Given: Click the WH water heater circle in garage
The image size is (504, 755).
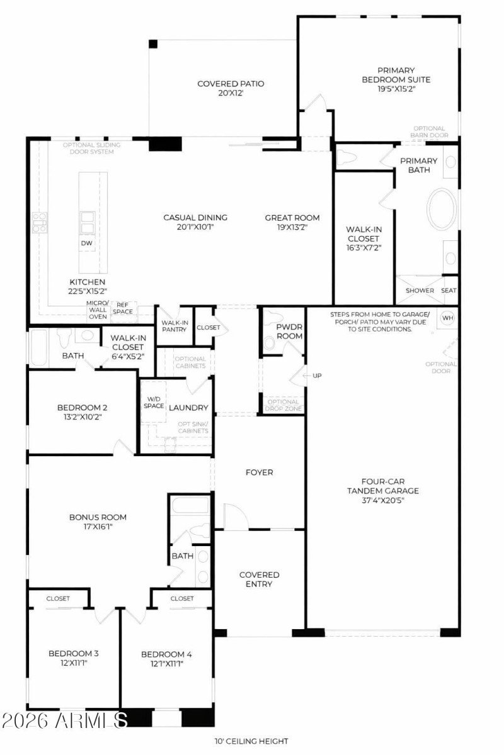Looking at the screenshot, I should click(447, 317).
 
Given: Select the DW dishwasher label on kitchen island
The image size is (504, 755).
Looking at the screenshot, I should click(86, 243).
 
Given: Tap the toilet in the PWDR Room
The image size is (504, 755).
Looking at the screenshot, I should click(270, 343).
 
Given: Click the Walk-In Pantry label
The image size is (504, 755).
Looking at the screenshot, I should click(175, 325).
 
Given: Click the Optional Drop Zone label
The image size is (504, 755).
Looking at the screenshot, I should click(283, 405).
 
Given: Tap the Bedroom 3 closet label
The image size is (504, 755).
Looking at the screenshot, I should click(58, 598).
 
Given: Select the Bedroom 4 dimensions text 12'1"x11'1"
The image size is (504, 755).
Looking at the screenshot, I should click(166, 663).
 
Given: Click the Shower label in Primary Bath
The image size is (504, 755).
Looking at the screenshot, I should click(420, 291).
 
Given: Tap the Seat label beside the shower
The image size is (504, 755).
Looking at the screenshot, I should click(449, 291).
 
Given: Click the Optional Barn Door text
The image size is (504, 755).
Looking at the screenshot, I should click(430, 131).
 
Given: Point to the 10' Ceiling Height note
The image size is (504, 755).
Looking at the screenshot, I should click(252, 742).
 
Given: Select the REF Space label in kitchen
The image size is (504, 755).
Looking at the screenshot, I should click(123, 308).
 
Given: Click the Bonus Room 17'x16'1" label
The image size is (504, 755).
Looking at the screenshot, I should click(98, 522).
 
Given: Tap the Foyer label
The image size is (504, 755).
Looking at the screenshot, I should click(259, 472).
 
